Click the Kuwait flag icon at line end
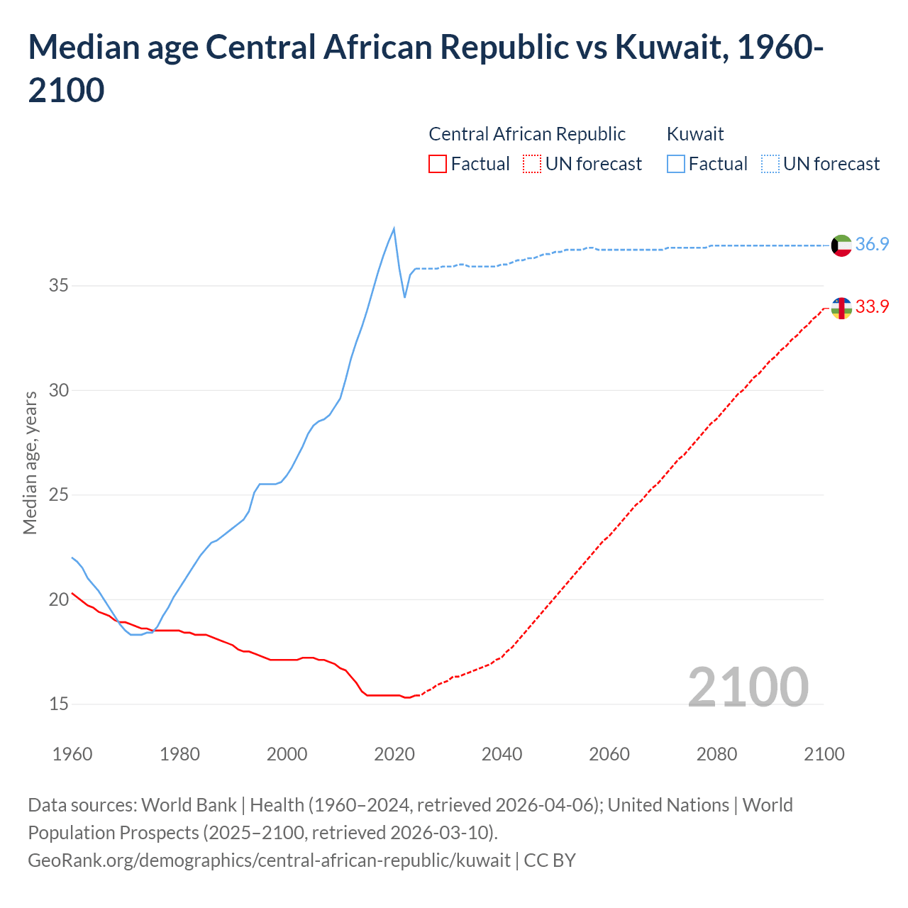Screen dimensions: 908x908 [x=841, y=245]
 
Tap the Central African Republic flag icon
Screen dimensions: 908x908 [x=841, y=308]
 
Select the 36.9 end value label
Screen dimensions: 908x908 [x=872, y=244]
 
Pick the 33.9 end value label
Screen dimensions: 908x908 [x=872, y=306]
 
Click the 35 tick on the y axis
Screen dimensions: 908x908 [x=59, y=286]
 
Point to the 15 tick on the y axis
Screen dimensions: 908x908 [x=59, y=704]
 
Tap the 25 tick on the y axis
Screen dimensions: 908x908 [x=59, y=495]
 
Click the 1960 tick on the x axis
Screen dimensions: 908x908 [x=72, y=754]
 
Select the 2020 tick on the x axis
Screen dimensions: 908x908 [x=394, y=754]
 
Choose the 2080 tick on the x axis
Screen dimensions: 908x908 [x=716, y=754]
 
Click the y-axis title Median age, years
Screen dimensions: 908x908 [x=30, y=463]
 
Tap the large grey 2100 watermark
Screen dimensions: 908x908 [x=748, y=687]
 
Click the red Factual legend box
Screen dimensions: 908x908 [x=438, y=164]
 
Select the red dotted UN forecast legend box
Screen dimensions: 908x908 [x=532, y=164]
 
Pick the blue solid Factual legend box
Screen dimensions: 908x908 [x=676, y=164]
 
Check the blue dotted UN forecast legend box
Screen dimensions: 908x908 [x=770, y=164]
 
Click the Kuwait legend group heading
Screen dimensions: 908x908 [x=695, y=134]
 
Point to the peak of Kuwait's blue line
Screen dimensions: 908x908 [x=394, y=228]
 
